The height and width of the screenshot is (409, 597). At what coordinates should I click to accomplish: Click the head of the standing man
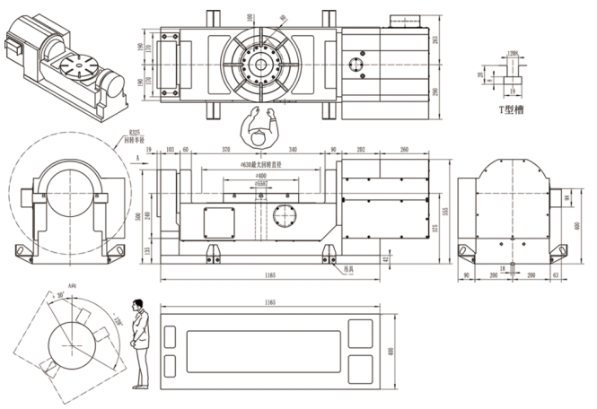coord(138,305)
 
